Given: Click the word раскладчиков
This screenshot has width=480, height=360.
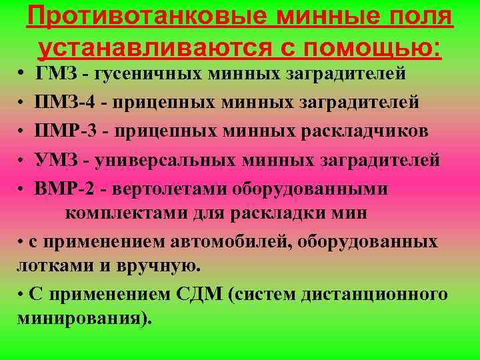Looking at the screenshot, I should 359,131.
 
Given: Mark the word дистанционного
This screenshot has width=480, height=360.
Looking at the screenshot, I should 373,294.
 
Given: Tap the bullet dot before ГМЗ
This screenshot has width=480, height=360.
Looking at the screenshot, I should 22,71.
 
